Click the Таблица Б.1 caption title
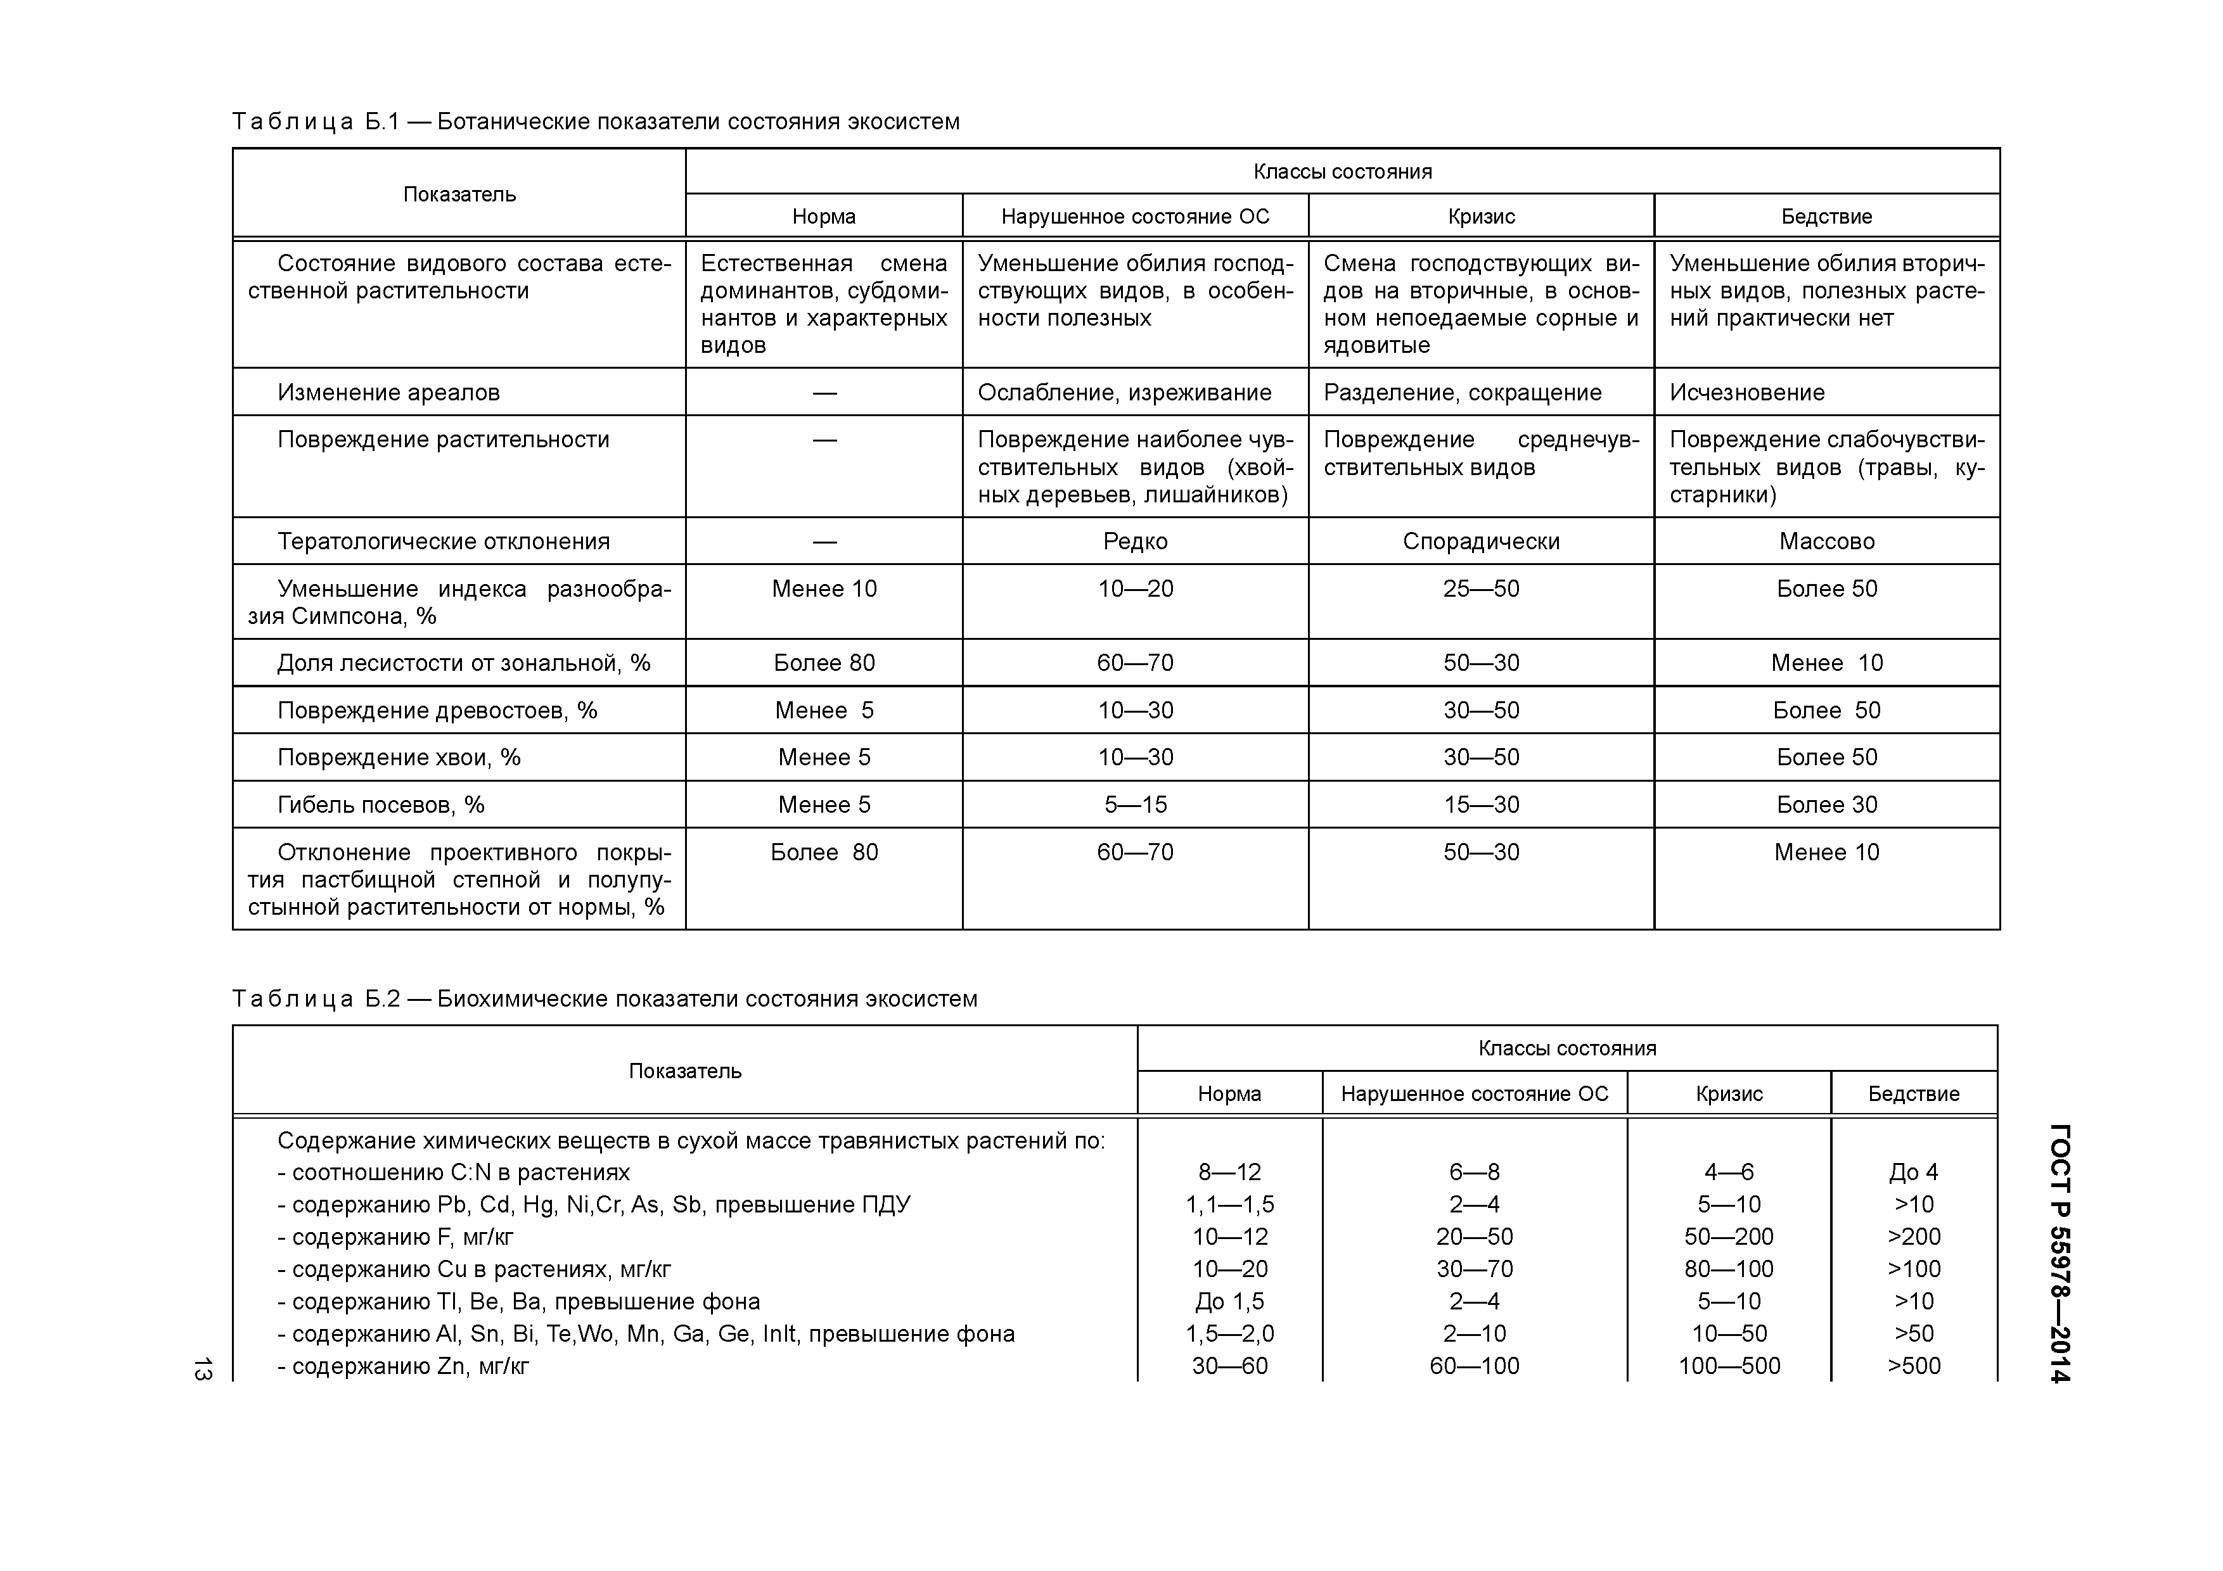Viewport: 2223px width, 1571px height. click(596, 122)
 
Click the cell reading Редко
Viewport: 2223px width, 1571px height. click(1135, 541)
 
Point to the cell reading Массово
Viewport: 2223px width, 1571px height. click(1826, 541)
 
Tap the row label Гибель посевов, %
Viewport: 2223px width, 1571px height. click(380, 805)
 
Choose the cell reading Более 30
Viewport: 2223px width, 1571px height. click(1826, 805)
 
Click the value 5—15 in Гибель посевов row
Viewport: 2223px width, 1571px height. click(1135, 805)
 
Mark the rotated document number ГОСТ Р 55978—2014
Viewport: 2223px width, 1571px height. click(2061, 1254)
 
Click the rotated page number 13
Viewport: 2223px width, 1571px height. click(202, 1369)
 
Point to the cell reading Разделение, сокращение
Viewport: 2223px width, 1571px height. click(1462, 392)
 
